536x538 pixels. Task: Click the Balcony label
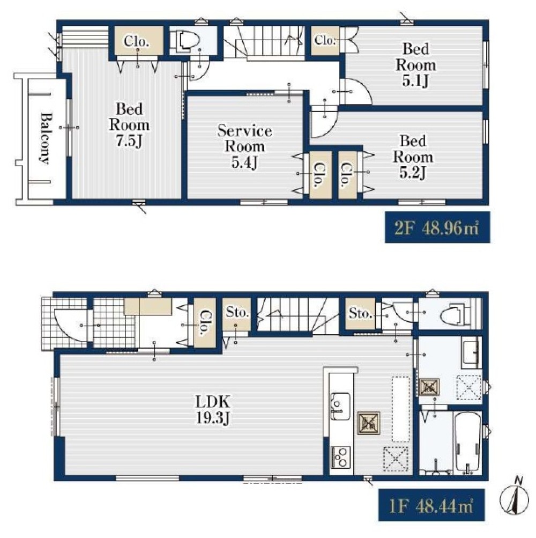(x=45, y=138)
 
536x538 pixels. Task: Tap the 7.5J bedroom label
(x=129, y=125)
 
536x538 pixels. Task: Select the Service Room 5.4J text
(x=244, y=147)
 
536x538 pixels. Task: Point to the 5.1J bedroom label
(x=415, y=65)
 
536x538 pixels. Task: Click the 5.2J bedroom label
(x=413, y=157)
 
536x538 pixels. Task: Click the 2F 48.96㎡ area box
(x=437, y=227)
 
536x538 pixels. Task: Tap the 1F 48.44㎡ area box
(x=431, y=505)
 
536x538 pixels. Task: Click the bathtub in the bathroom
(x=468, y=443)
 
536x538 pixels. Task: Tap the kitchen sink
(x=340, y=406)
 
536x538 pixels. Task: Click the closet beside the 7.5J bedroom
(x=137, y=40)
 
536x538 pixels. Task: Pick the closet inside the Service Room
(x=320, y=175)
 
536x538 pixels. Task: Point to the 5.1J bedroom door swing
(x=356, y=91)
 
